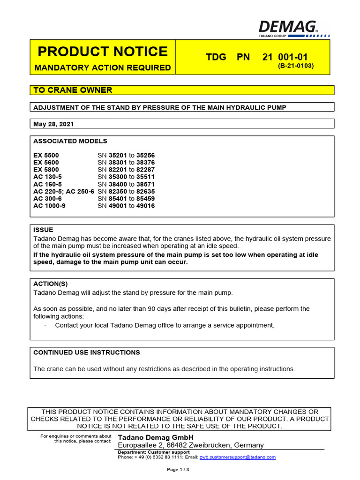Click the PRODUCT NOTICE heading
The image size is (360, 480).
[x=102, y=52]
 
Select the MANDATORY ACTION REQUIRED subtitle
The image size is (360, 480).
[x=103, y=67]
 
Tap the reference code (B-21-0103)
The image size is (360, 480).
[x=296, y=66]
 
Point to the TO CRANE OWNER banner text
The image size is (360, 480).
[x=73, y=90]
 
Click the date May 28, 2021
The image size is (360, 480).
[x=53, y=124]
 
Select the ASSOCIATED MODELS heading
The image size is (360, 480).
[x=70, y=141]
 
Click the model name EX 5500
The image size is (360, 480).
[x=46, y=155]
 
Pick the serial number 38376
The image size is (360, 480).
[x=145, y=163]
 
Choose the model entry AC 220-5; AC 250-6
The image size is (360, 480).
[x=64, y=191]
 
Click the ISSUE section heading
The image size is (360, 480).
[x=44, y=230]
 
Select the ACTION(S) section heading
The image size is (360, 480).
[x=51, y=284]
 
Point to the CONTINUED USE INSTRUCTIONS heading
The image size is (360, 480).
[x=87, y=352]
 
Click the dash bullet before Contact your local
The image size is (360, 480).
[x=45, y=325]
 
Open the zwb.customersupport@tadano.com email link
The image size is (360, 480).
[x=238, y=457]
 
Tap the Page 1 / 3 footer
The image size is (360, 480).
[x=178, y=469]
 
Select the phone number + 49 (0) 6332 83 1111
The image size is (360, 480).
[x=157, y=457]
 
